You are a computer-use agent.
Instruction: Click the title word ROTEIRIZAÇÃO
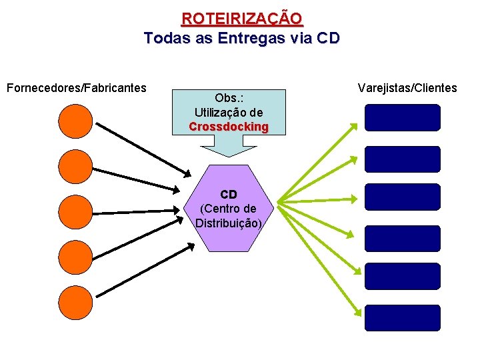(241, 18)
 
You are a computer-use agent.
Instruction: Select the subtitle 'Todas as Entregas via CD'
(241, 38)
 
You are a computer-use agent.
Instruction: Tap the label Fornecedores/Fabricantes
(76, 87)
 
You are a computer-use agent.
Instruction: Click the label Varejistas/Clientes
(407, 87)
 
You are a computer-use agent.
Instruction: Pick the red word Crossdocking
(229, 127)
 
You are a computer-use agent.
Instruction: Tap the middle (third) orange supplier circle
(75, 212)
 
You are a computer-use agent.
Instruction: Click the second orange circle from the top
(75, 167)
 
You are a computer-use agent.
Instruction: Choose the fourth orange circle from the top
(75, 257)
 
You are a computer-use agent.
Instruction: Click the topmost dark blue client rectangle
(403, 117)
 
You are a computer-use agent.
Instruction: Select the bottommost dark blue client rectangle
(403, 318)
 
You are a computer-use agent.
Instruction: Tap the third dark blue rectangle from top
(403, 197)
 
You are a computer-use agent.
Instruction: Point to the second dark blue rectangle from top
(403, 159)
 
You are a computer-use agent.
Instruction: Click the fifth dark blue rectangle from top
(403, 276)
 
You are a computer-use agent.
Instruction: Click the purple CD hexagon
(229, 233)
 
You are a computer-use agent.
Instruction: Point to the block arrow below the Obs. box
(229, 145)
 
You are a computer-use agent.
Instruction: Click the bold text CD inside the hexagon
(229, 195)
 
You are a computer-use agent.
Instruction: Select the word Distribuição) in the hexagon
(229, 223)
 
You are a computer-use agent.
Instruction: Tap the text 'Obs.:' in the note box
(229, 99)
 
